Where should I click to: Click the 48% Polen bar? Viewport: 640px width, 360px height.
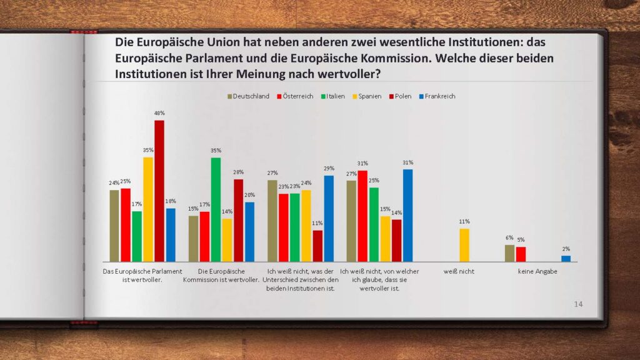click(159, 191)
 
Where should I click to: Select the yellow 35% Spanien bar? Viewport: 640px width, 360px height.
click(148, 209)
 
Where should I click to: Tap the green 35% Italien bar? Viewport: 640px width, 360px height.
click(216, 209)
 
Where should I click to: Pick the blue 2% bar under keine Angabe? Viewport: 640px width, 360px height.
click(566, 258)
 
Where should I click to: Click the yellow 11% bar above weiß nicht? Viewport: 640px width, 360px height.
click(464, 245)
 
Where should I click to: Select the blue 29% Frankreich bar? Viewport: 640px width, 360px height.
click(329, 218)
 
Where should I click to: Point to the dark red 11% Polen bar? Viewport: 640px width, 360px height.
click(317, 246)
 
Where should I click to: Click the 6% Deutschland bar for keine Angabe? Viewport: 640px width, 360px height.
click(509, 253)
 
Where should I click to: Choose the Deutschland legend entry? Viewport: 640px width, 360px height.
click(248, 96)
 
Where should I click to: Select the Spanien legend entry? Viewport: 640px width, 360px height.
click(370, 96)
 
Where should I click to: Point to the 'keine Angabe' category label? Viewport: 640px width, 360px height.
click(537, 272)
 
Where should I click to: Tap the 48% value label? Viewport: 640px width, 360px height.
click(159, 113)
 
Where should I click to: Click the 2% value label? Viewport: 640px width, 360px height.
click(566, 249)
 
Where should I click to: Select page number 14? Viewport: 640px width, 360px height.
click(578, 304)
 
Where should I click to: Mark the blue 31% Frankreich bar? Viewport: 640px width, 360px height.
click(408, 215)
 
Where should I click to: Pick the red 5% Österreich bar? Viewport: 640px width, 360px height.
click(521, 254)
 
